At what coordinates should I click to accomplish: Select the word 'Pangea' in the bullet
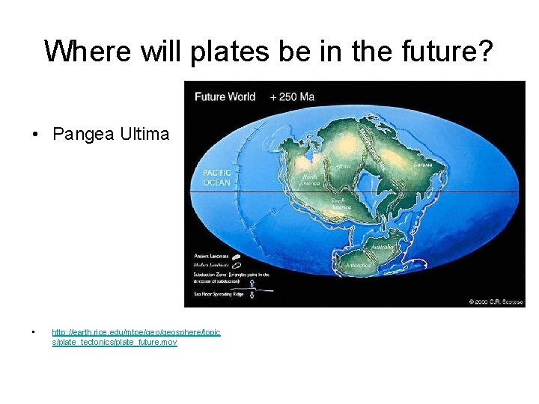tap(82, 135)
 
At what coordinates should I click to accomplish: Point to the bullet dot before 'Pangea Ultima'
tap(36, 135)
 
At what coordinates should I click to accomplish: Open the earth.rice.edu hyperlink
tap(135, 337)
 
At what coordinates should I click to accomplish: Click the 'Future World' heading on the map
tap(225, 97)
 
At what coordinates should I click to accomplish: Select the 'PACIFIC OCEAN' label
tap(217, 177)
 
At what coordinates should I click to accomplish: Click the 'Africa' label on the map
tap(342, 166)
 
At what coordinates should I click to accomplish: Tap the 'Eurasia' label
tap(423, 164)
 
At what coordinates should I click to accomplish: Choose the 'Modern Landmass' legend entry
tap(211, 264)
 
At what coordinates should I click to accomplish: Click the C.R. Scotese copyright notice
tap(496, 302)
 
